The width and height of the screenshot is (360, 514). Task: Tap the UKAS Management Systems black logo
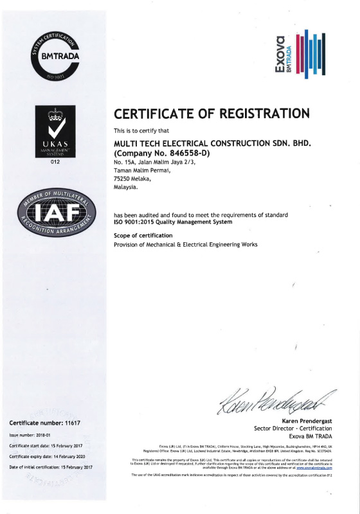click(55, 131)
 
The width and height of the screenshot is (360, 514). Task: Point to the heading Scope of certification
click(143, 235)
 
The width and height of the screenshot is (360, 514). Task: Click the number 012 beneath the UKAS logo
click(55, 163)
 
